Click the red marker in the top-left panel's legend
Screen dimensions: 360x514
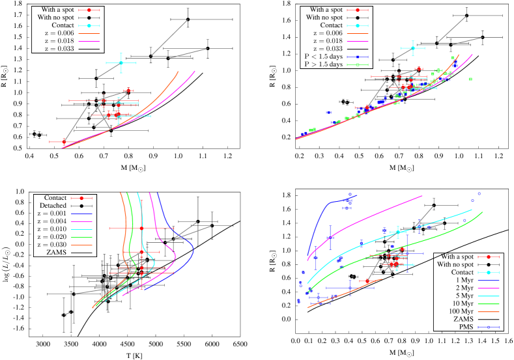click(89, 10)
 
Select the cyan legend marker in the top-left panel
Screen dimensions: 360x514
click(89, 25)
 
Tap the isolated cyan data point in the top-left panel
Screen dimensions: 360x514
click(121, 62)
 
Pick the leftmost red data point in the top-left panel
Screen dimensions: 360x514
click(64, 141)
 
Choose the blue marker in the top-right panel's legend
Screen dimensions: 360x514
click(357, 57)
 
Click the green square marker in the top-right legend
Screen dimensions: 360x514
click(357, 64)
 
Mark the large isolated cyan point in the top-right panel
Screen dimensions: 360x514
click(412, 48)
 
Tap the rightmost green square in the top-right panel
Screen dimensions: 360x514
click(470, 79)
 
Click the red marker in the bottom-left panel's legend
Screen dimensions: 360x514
click(81, 198)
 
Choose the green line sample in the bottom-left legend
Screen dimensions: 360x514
click(81, 237)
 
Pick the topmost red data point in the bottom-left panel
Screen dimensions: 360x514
click(141, 228)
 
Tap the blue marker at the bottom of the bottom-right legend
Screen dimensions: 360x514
click(489, 327)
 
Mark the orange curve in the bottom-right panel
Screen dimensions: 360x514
click(345, 294)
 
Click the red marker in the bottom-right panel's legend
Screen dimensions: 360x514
click(489, 256)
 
